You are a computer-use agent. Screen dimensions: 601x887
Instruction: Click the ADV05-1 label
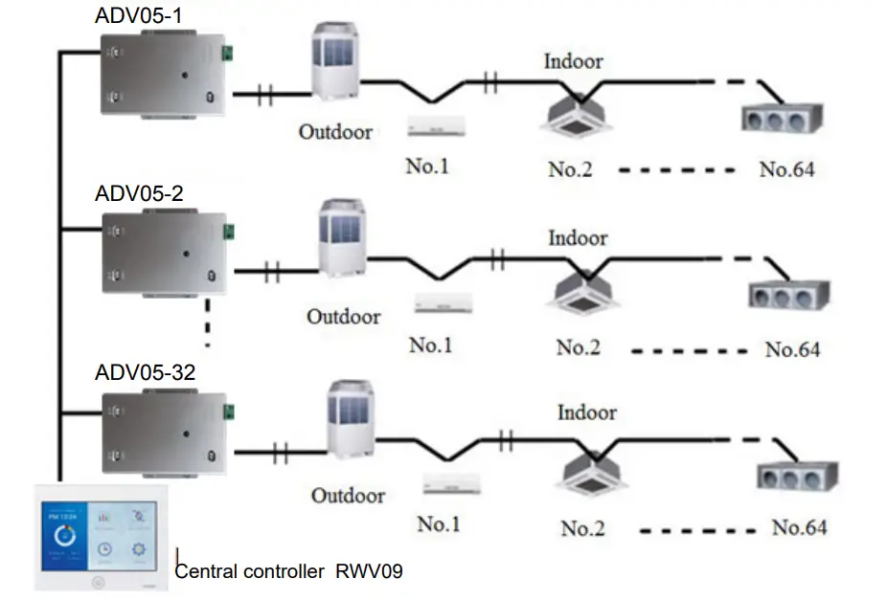(x=136, y=16)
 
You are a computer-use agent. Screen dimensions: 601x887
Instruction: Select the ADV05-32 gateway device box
(x=165, y=431)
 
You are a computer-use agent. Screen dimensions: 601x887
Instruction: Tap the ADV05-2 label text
(x=140, y=193)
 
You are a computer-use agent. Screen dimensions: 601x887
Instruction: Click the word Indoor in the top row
(x=574, y=61)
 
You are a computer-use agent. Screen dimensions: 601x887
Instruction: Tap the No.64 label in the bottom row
(x=800, y=527)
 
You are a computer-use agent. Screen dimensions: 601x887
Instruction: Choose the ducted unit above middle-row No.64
(x=789, y=296)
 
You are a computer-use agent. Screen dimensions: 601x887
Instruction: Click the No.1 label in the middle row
(x=430, y=345)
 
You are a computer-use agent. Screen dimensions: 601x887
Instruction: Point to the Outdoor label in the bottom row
(x=348, y=496)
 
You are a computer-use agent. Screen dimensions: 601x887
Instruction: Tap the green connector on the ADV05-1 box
(x=229, y=54)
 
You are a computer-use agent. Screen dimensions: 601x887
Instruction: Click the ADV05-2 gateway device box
(x=165, y=253)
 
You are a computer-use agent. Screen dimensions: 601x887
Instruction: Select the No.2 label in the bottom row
(x=587, y=527)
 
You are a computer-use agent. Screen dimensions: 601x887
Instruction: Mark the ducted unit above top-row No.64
(x=783, y=119)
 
